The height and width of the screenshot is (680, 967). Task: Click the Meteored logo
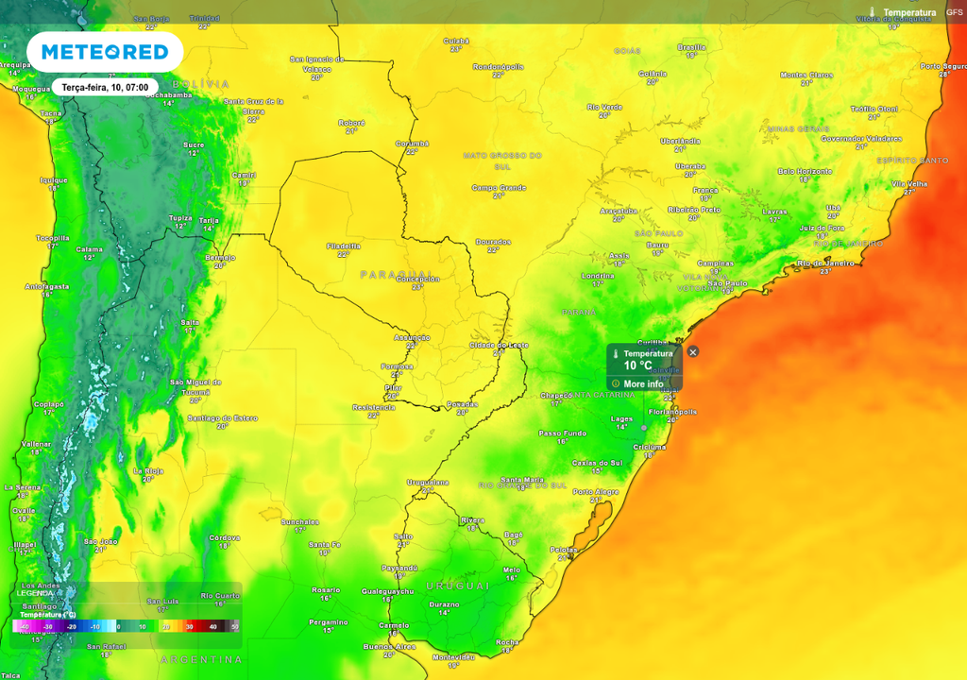105,52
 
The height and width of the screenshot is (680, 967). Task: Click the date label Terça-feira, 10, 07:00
105,86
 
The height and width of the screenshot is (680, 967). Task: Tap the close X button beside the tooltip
693,351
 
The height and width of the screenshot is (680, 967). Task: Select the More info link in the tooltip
643,383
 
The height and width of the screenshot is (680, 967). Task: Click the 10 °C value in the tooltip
637,365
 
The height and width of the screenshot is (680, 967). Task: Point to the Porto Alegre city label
596,491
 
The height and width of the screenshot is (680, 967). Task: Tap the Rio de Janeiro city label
825,263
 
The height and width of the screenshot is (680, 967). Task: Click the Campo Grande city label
499,187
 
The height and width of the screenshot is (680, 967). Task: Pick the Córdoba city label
225,537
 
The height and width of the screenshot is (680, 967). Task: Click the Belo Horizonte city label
805,171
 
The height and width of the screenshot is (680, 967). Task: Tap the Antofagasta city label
47,286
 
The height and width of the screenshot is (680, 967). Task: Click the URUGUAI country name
457,586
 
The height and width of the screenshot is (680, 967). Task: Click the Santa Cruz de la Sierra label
253,105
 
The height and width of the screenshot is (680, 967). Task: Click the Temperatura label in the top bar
909,12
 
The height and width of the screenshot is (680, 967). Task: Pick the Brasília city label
691,47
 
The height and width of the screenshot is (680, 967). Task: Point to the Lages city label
621,417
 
